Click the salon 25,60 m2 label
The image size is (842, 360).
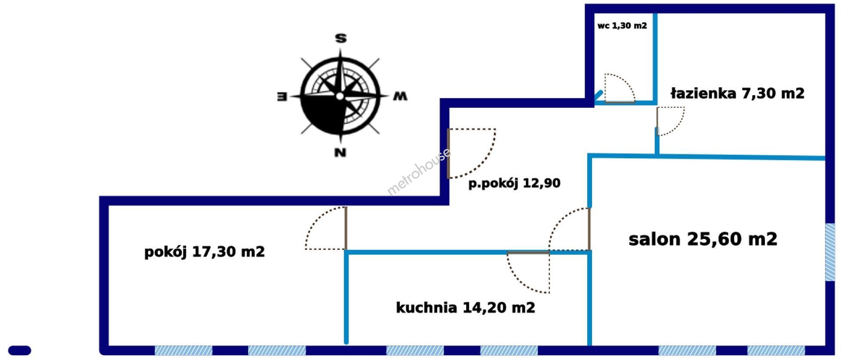[703, 239]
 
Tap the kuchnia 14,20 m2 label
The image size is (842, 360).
[465, 308]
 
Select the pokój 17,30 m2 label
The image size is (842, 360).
[204, 252]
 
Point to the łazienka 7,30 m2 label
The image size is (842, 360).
[737, 93]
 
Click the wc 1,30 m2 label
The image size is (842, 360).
[622, 26]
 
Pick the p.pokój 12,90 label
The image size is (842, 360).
[514, 183]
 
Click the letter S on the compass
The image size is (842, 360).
[341, 39]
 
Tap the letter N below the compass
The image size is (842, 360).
[340, 153]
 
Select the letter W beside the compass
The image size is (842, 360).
[400, 96]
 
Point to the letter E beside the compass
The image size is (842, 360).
[282, 96]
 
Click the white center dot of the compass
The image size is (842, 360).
[340, 96]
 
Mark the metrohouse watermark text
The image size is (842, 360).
[419, 171]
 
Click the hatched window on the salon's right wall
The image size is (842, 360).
[830, 252]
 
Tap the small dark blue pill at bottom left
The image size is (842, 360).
[20, 350]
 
